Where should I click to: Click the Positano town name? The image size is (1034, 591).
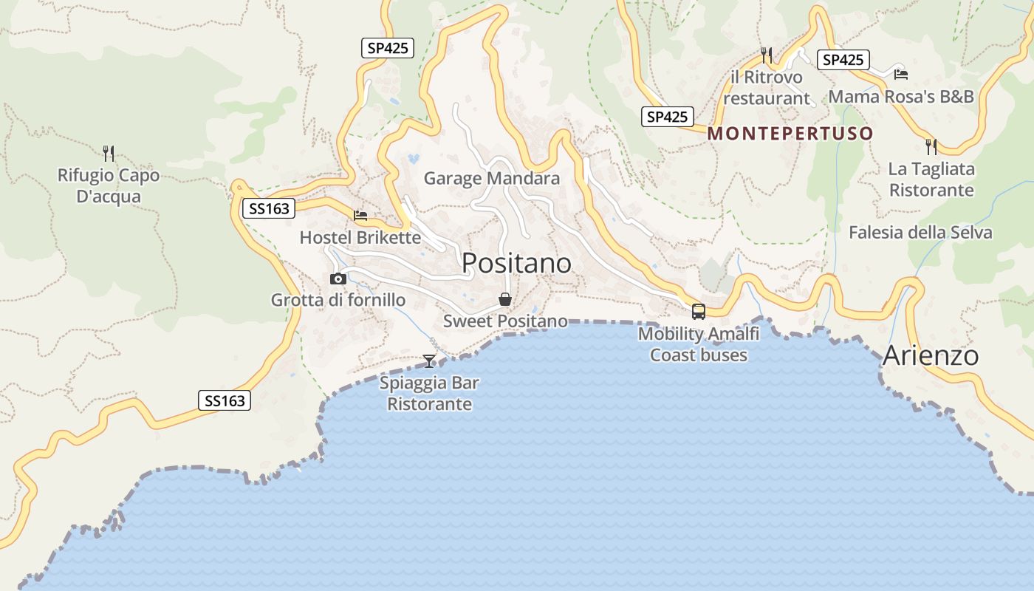pos(516,263)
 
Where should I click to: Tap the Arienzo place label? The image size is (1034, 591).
pos(931,355)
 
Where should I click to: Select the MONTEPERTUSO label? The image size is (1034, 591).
pos(790,134)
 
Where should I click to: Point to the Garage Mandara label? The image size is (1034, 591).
pos(491,178)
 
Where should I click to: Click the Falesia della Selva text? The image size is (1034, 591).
pos(920,233)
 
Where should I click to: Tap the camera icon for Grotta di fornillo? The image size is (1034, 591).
pos(338,279)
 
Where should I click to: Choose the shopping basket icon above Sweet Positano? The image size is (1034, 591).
pos(505,299)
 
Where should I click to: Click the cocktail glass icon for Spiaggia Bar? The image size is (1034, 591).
pos(429,361)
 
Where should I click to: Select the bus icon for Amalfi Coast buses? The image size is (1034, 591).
pos(699,312)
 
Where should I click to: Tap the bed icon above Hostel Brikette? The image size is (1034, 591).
pos(360,216)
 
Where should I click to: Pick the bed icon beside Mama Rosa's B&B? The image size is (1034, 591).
pos(900,74)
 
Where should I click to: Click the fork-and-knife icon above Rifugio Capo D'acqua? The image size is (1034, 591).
pos(109,153)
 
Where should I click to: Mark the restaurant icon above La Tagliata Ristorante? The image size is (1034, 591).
pos(931,146)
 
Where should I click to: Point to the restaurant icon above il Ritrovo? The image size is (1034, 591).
pos(767,55)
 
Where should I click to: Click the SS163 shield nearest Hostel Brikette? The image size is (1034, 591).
pos(268,209)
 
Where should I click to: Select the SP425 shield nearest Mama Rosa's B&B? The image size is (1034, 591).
pos(843,60)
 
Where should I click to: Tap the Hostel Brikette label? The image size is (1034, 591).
pos(360,237)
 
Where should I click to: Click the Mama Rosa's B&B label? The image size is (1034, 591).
pos(901,97)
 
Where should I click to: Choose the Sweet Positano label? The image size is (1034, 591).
pos(505,321)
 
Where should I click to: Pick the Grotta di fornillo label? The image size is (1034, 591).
pos(338,300)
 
